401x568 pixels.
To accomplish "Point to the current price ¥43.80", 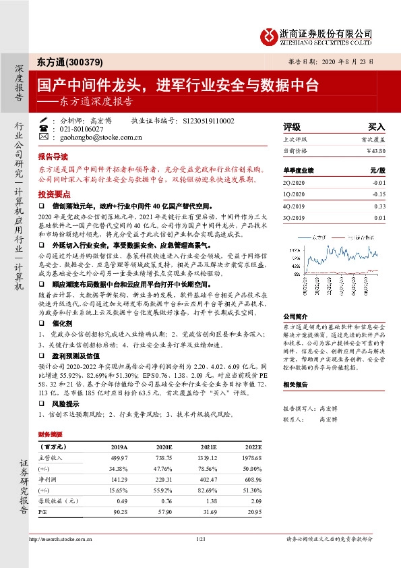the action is (374, 150).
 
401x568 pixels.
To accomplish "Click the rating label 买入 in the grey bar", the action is (375, 127).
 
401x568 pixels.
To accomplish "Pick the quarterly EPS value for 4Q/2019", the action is (380, 206).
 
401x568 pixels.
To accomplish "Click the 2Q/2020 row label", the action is (295, 182).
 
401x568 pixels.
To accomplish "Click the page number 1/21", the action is (199, 538).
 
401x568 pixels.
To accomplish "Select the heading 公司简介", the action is (295, 315).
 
